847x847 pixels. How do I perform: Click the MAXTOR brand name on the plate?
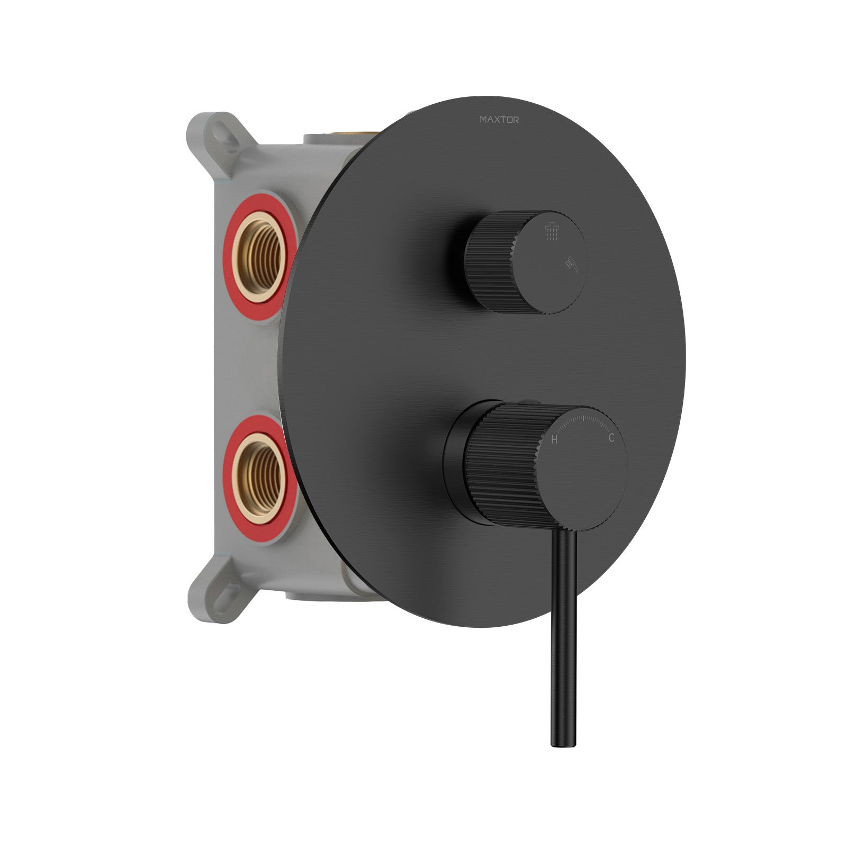(x=499, y=120)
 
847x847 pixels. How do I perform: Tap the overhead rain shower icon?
(x=552, y=231)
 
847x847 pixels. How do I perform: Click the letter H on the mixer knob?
(x=554, y=439)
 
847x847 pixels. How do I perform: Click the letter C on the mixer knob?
(x=611, y=438)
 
